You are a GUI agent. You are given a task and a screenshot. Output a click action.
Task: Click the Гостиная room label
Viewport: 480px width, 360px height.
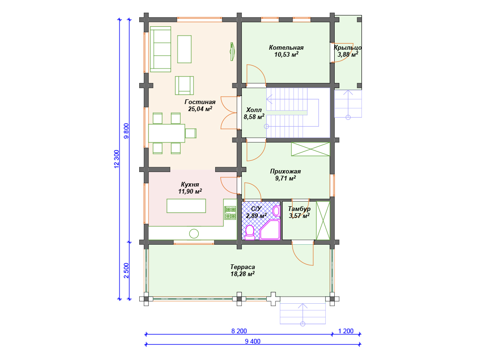(x=200, y=102)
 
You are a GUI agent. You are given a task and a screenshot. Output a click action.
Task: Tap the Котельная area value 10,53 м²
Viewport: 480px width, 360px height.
(x=286, y=54)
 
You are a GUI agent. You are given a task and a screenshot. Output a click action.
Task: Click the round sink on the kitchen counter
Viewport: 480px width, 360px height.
(x=194, y=233)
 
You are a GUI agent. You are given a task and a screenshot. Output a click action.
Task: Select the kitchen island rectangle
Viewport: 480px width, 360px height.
(x=186, y=206)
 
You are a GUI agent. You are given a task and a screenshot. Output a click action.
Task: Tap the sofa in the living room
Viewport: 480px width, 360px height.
(x=160, y=49)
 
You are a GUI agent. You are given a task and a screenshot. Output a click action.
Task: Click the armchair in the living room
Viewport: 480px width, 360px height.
(x=184, y=85)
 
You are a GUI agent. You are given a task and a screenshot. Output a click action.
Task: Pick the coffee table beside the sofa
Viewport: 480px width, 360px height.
(x=184, y=49)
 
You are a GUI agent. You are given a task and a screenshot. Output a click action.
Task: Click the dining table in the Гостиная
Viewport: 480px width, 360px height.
(x=166, y=133)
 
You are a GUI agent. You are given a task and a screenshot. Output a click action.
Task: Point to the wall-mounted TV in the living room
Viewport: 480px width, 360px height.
(x=232, y=51)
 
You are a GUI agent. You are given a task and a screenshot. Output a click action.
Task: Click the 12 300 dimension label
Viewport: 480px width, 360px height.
(x=116, y=159)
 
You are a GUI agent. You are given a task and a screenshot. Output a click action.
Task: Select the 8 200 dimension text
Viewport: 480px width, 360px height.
(x=239, y=331)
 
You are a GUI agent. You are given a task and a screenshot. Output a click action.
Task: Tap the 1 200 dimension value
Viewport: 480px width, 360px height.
(x=346, y=331)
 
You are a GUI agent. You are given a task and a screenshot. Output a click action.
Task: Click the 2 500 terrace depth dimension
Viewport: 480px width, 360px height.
(x=126, y=270)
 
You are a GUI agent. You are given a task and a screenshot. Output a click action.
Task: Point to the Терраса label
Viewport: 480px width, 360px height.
(x=242, y=267)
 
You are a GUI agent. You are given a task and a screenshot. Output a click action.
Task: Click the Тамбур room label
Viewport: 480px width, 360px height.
(x=299, y=209)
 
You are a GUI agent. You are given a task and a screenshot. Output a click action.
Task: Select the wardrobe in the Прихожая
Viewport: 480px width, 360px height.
(x=310, y=149)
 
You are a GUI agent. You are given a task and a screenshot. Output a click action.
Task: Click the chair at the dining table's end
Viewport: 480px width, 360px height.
(x=190, y=134)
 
